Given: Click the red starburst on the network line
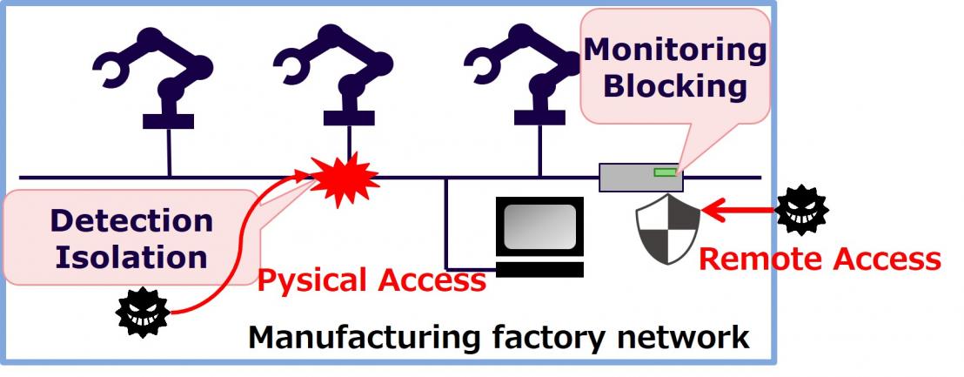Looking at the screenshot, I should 346,179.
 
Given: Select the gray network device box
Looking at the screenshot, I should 640,178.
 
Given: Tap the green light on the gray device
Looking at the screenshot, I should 665,172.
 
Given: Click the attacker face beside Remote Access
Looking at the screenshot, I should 801,210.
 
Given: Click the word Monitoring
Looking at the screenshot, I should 674,50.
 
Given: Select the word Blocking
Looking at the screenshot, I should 675,87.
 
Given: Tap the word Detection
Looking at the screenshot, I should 131,220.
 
